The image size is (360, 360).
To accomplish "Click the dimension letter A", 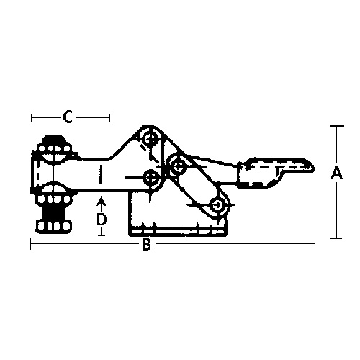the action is [336, 174].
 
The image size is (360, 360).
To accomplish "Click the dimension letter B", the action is [147, 244].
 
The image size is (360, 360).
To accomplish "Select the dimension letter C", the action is [68, 117].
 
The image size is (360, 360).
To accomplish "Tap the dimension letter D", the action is [102, 220].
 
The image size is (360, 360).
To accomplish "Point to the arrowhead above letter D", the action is [102, 202].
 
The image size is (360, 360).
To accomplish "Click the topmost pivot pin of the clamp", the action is [150, 139].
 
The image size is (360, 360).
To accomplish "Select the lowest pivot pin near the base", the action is [218, 205].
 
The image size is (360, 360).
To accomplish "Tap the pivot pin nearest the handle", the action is [178, 166].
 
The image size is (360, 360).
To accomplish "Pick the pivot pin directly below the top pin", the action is [150, 178].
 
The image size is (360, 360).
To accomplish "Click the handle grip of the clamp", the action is [275, 172].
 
